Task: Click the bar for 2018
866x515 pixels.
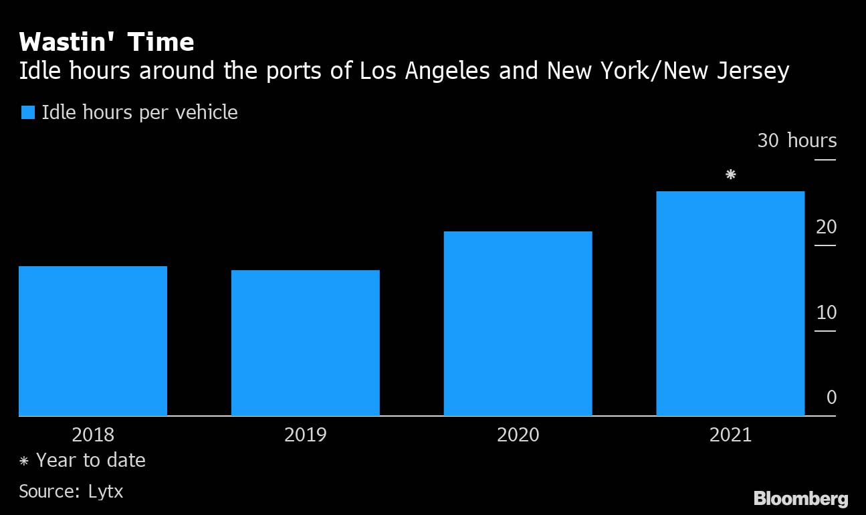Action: point(93,341)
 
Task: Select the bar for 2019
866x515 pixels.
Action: point(306,343)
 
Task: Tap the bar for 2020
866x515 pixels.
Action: point(518,324)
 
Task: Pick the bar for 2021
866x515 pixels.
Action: point(730,304)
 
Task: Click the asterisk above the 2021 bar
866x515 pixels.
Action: point(731,175)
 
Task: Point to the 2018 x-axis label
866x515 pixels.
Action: point(93,435)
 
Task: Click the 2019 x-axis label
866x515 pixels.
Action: point(306,435)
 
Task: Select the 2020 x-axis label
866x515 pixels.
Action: point(518,435)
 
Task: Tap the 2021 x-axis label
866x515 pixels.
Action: point(730,435)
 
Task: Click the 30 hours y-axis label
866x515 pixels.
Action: point(796,141)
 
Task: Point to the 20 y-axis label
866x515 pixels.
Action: point(827,227)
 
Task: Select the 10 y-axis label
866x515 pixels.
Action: point(827,313)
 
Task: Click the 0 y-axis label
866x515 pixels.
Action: point(831,398)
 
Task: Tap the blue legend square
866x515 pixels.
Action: point(27,112)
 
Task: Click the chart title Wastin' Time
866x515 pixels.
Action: point(107,43)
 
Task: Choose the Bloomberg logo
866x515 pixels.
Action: point(800,498)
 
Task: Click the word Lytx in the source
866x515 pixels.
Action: point(106,492)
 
